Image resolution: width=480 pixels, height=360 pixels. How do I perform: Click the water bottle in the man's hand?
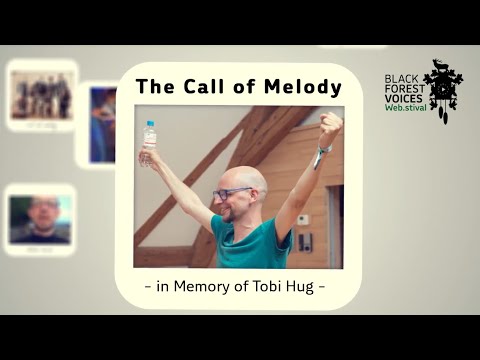point(149,143)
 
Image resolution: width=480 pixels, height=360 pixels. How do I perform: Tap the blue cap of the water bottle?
point(149,125)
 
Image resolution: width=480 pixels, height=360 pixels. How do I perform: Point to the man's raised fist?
point(331,124)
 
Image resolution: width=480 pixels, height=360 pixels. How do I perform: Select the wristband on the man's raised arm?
point(320,153)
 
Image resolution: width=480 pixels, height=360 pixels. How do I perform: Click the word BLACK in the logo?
point(402,76)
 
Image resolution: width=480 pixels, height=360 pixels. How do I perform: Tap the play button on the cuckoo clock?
point(441,90)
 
